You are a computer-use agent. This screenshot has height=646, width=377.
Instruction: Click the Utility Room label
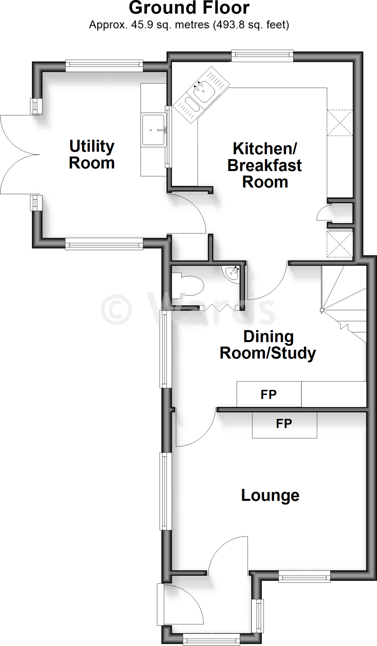pyautogui.click(x=92, y=155)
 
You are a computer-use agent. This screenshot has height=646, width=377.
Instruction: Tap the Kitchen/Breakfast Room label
pyautogui.click(x=265, y=166)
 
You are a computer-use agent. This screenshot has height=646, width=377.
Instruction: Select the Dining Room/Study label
pyautogui.click(x=268, y=345)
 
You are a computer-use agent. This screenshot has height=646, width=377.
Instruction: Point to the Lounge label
pyautogui.click(x=270, y=495)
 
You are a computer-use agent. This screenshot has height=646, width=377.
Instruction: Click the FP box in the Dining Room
pyautogui.click(x=269, y=394)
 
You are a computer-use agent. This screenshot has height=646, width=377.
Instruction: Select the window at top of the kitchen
pyautogui.click(x=262, y=56)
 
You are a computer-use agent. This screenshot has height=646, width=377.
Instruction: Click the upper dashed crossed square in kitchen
pyautogui.click(x=340, y=122)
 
